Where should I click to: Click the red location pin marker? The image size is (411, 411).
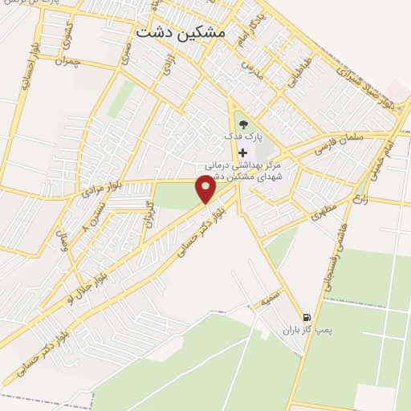pos(207,189)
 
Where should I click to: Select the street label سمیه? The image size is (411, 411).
pos(271,301)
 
